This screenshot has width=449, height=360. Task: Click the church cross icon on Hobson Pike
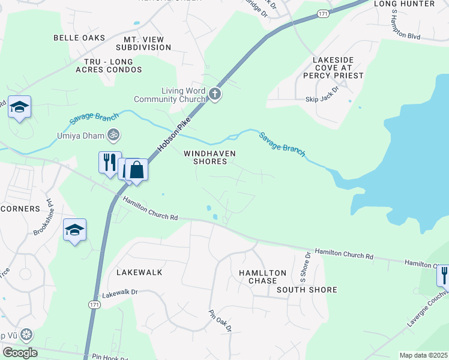pos(215,94)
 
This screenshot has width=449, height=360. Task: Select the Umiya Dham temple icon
pos(112,135)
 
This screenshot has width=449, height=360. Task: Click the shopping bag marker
pos(136,170)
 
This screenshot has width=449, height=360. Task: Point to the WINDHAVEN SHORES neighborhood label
pos(209,157)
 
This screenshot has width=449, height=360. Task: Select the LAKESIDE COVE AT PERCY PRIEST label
pos(338,68)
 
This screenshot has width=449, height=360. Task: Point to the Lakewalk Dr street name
pos(120,293)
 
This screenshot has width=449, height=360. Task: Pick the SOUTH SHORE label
pos(307,290)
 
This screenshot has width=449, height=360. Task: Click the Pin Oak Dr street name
pos(220,320)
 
